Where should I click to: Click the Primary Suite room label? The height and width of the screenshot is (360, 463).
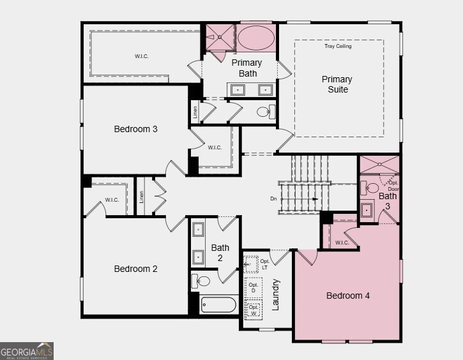(x=337, y=84)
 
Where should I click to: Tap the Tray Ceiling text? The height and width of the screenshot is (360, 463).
(x=338, y=46)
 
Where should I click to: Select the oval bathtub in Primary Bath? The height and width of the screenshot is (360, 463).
(x=257, y=38)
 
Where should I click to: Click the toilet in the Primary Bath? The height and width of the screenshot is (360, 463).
(x=264, y=112)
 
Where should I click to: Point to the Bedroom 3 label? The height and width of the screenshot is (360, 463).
(x=135, y=129)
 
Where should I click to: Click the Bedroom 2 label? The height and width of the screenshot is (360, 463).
(x=135, y=269)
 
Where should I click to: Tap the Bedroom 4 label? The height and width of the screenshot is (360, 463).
(x=347, y=296)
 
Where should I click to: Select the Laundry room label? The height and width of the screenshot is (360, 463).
(x=277, y=294)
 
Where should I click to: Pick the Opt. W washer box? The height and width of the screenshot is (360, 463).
(x=254, y=310)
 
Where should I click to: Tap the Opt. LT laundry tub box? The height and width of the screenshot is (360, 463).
(x=252, y=264)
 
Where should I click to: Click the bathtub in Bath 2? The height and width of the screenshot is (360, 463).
(x=218, y=304)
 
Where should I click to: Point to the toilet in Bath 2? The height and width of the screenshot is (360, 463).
(x=202, y=281)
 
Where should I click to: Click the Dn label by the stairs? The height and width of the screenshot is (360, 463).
(x=273, y=199)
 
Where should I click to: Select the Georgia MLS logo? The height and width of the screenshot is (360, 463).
(x=27, y=350)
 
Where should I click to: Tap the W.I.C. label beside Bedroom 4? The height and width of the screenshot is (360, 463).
(x=342, y=242)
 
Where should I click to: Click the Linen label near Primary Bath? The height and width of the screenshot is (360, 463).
(x=195, y=111)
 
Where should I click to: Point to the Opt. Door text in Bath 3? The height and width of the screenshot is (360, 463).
(x=393, y=186)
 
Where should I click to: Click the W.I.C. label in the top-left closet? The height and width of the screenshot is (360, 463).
(x=141, y=56)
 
